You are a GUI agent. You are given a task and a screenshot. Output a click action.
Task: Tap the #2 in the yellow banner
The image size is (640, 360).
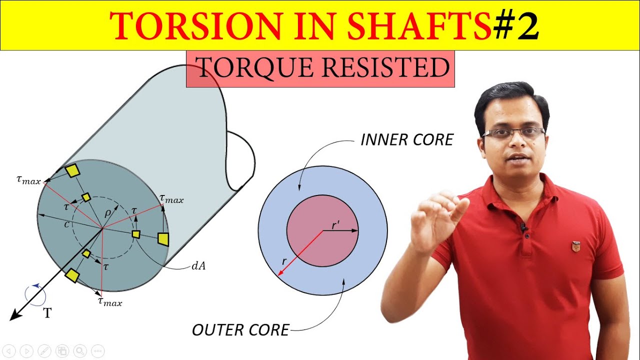516,26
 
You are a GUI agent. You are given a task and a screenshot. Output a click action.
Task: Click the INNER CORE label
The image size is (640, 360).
406,140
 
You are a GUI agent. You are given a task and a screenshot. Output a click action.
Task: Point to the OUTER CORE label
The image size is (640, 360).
240,330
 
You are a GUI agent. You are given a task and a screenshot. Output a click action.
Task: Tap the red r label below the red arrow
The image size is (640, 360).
284,261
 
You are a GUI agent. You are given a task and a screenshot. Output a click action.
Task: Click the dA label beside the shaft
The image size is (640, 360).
198,266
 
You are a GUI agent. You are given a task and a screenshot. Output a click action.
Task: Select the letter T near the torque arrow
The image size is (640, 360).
47,313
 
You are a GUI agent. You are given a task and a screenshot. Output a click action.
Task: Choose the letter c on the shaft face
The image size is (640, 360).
66,224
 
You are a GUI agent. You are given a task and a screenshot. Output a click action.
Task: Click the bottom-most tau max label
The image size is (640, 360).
109,301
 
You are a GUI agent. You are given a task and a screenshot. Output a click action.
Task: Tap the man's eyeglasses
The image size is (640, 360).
513,133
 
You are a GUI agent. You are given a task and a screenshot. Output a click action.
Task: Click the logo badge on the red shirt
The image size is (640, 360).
576,246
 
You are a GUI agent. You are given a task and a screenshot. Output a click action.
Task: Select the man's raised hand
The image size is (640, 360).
436,215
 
